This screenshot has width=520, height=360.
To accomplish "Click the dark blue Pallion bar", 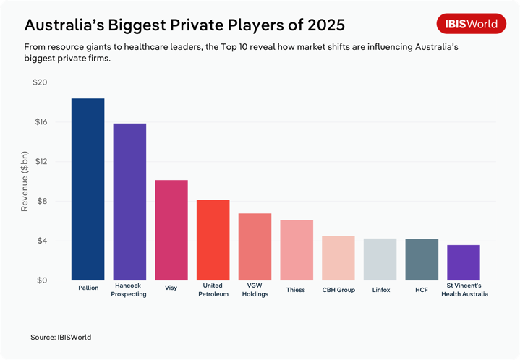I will [x=88, y=189].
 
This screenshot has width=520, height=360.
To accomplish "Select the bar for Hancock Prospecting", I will [x=129, y=202].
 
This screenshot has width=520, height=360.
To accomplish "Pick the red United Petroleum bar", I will [x=213, y=240].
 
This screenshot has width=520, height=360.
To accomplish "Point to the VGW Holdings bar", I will [x=255, y=247].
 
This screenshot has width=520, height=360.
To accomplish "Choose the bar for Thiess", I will [x=297, y=250].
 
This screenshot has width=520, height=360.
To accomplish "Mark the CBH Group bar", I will [x=338, y=258].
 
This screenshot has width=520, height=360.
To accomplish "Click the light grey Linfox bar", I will [x=380, y=260].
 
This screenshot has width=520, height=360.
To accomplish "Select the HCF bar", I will [x=422, y=260].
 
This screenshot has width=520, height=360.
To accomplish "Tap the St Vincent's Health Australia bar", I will [x=463, y=262].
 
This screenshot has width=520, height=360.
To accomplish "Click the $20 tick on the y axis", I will [x=40, y=82].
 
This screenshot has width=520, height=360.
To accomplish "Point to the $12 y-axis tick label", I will [x=40, y=162].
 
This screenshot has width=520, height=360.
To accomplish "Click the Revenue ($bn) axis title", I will [x=24, y=181].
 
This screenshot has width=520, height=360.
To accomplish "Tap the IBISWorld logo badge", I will [x=471, y=24].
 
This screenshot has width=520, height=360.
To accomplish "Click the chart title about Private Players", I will [x=184, y=25].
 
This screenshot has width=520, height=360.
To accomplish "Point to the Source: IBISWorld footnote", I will [x=61, y=337].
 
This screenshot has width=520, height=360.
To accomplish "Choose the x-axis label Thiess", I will [x=297, y=290].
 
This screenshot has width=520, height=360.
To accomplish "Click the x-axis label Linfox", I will [x=380, y=290].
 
